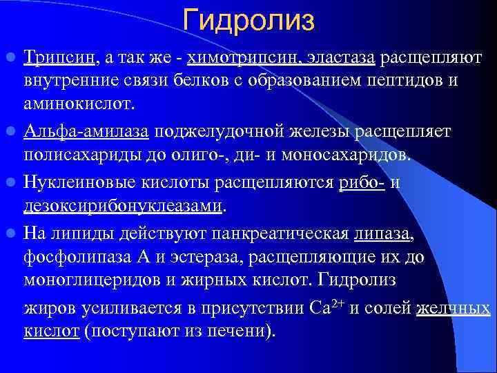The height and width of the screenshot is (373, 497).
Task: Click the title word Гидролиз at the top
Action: click(x=249, y=20)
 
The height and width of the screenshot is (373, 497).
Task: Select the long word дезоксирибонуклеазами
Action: click(x=124, y=206)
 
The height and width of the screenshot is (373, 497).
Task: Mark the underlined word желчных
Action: click(x=454, y=308)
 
